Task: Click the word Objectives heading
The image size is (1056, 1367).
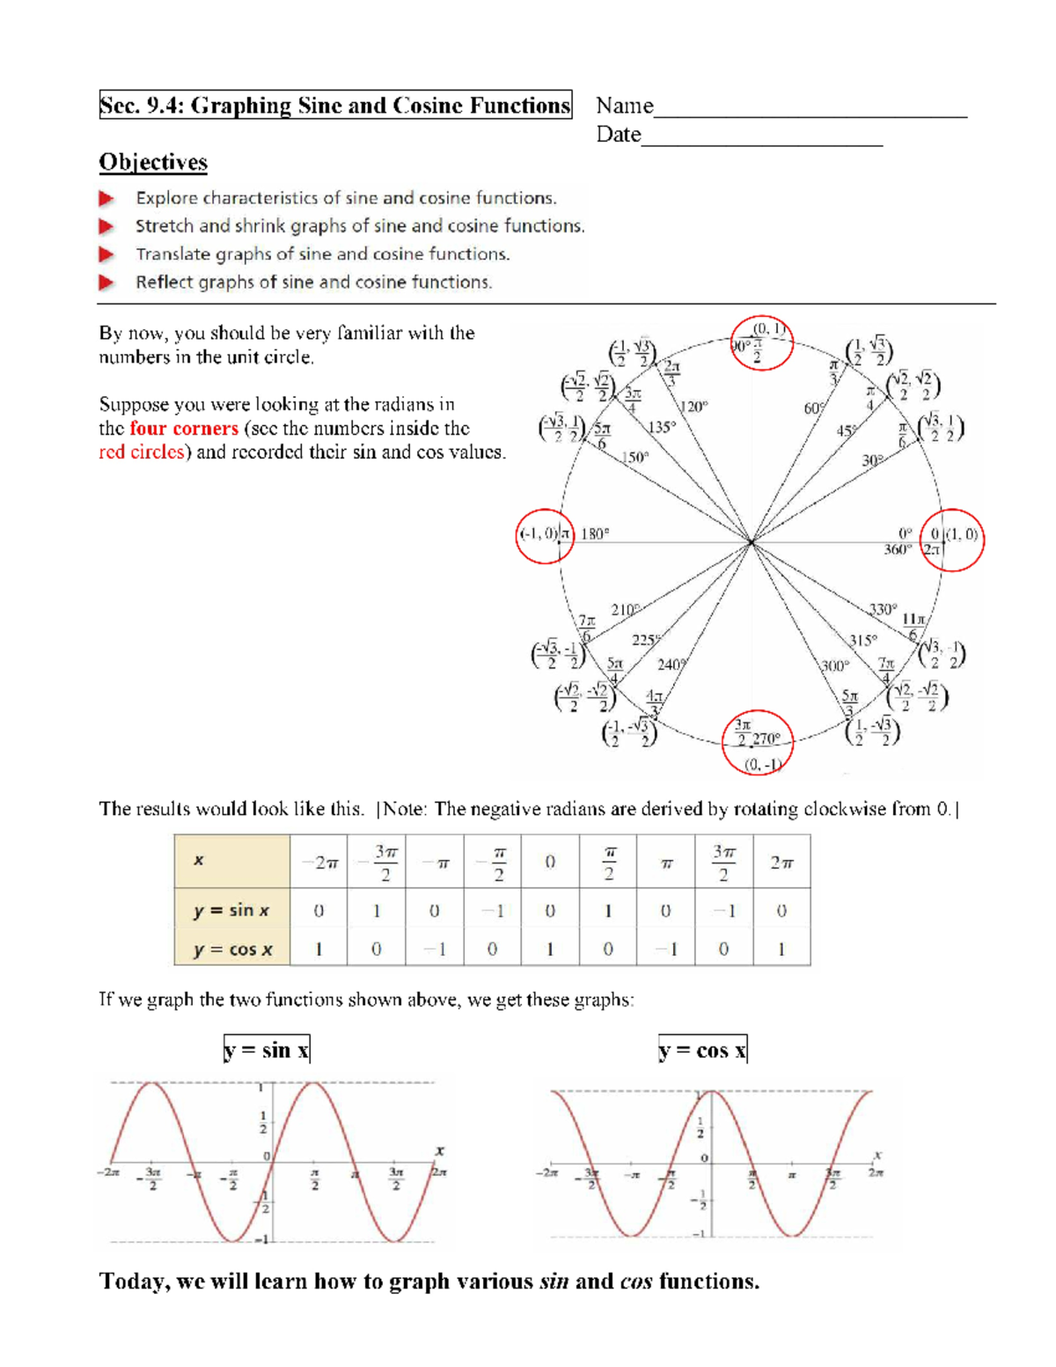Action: click(x=153, y=163)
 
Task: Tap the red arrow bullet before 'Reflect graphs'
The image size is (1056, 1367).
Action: click(x=106, y=283)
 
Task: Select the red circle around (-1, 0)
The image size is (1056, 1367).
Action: click(x=545, y=536)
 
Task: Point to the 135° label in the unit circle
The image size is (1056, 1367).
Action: click(x=662, y=427)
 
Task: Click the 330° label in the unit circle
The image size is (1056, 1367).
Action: click(x=883, y=609)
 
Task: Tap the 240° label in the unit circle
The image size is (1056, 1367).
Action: click(x=671, y=665)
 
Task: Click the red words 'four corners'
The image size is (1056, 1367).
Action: click(x=184, y=429)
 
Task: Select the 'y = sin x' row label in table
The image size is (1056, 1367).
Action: click(x=232, y=910)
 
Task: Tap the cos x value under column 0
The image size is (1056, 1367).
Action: click(x=550, y=949)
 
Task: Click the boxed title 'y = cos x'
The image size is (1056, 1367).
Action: click(x=702, y=1050)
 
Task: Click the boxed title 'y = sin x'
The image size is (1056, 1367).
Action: click(x=267, y=1050)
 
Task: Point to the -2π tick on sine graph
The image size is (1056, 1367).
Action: click(x=108, y=1172)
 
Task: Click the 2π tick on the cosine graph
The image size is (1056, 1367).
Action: click(x=876, y=1172)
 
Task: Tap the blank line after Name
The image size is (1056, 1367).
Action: click(x=810, y=109)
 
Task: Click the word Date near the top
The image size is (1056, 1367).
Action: click(x=618, y=135)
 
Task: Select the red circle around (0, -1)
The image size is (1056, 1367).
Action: click(x=758, y=742)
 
